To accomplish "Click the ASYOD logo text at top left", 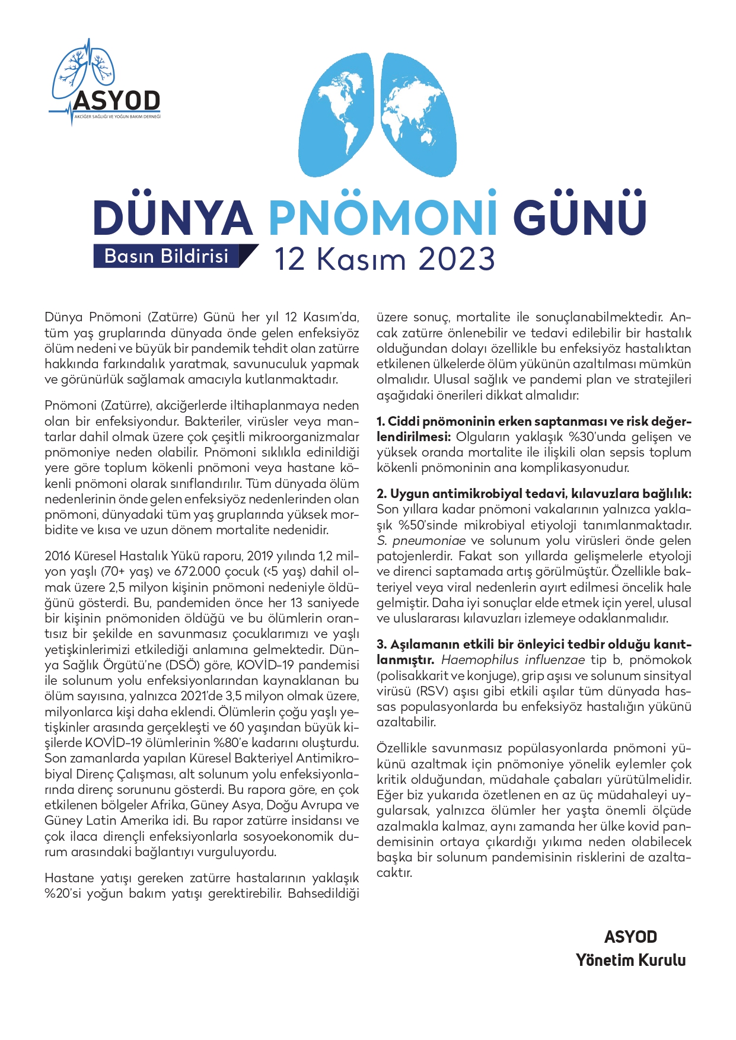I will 117,100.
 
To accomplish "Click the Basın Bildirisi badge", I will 167,256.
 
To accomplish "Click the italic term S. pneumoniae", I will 421,541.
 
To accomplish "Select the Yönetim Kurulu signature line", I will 630,960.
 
